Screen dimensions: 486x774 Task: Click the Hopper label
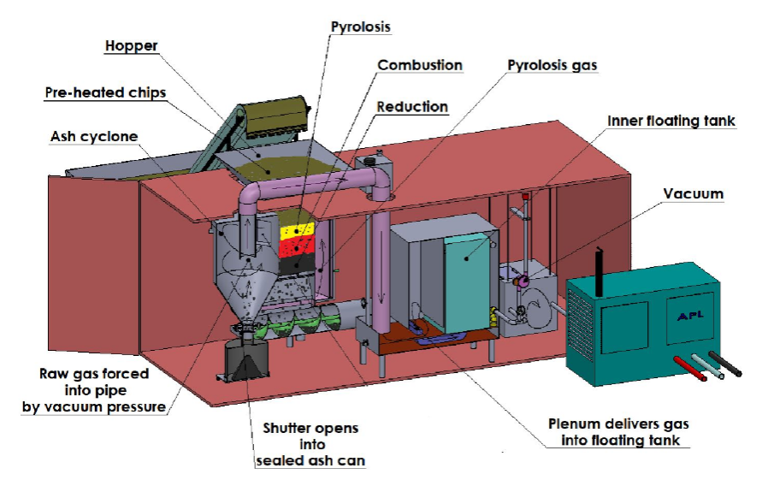coord(133,46)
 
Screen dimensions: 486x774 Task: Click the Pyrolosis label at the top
coord(360,27)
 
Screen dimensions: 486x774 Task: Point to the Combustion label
coord(420,66)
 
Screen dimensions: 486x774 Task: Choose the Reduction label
coord(412,107)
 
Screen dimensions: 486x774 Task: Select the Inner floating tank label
coord(671,121)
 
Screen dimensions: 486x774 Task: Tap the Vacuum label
coord(693,194)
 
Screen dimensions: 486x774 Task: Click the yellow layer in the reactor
coord(295,230)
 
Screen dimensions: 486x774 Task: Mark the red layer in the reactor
coord(295,246)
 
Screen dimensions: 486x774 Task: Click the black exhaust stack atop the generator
coord(600,262)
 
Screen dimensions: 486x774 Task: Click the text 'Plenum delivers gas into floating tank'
coord(618,431)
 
